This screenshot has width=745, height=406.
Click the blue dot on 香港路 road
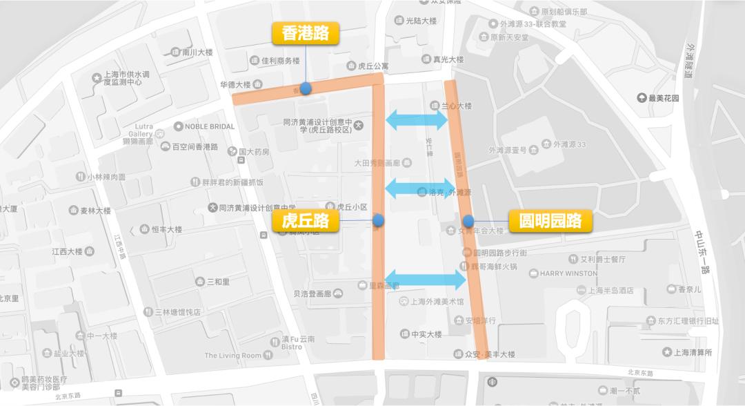[306, 88]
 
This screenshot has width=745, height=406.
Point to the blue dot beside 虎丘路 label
[378, 221]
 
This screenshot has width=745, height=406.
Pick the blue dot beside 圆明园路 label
[468, 221]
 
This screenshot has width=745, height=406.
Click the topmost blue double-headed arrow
[417, 120]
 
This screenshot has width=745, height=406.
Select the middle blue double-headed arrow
[418, 187]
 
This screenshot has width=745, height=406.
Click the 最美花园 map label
[663, 98]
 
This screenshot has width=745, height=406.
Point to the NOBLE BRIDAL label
[209, 126]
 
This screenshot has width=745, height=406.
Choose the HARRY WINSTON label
[568, 273]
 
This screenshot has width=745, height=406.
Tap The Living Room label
[233, 356]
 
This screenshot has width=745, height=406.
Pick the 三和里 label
[217, 282]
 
